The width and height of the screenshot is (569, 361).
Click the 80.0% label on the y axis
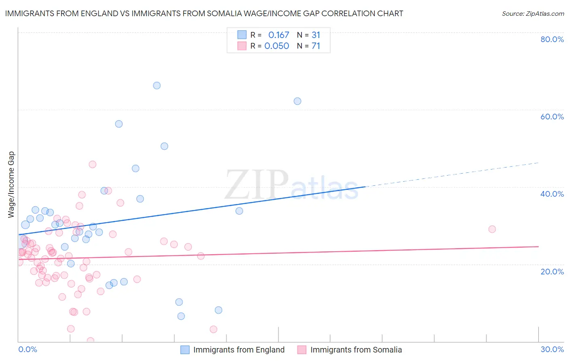pyautogui.click(x=552, y=39)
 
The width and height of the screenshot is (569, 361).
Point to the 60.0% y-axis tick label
pyautogui.click(x=552, y=117)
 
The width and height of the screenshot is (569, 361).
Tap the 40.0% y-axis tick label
pyautogui.click(x=552, y=194)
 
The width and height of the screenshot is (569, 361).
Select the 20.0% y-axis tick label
pyautogui.click(x=552, y=272)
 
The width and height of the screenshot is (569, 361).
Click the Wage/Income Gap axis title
pyautogui.click(x=11, y=185)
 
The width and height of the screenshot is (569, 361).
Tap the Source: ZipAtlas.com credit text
pyautogui.click(x=533, y=13)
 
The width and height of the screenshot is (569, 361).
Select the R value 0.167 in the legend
pyautogui.click(x=278, y=35)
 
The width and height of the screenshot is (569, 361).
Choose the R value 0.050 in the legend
pyautogui.click(x=276, y=46)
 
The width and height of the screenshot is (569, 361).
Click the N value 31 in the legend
pyautogui.click(x=316, y=35)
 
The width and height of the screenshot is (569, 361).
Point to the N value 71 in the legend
pyautogui.click(x=316, y=46)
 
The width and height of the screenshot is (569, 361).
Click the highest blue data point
pyautogui.click(x=157, y=85)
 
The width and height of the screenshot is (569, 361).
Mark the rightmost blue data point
pyautogui.click(x=297, y=101)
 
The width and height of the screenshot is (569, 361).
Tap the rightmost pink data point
pyautogui.click(x=492, y=229)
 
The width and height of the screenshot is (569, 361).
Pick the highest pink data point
pyautogui.click(x=92, y=164)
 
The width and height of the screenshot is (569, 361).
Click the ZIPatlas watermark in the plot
pyautogui.click(x=291, y=185)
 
